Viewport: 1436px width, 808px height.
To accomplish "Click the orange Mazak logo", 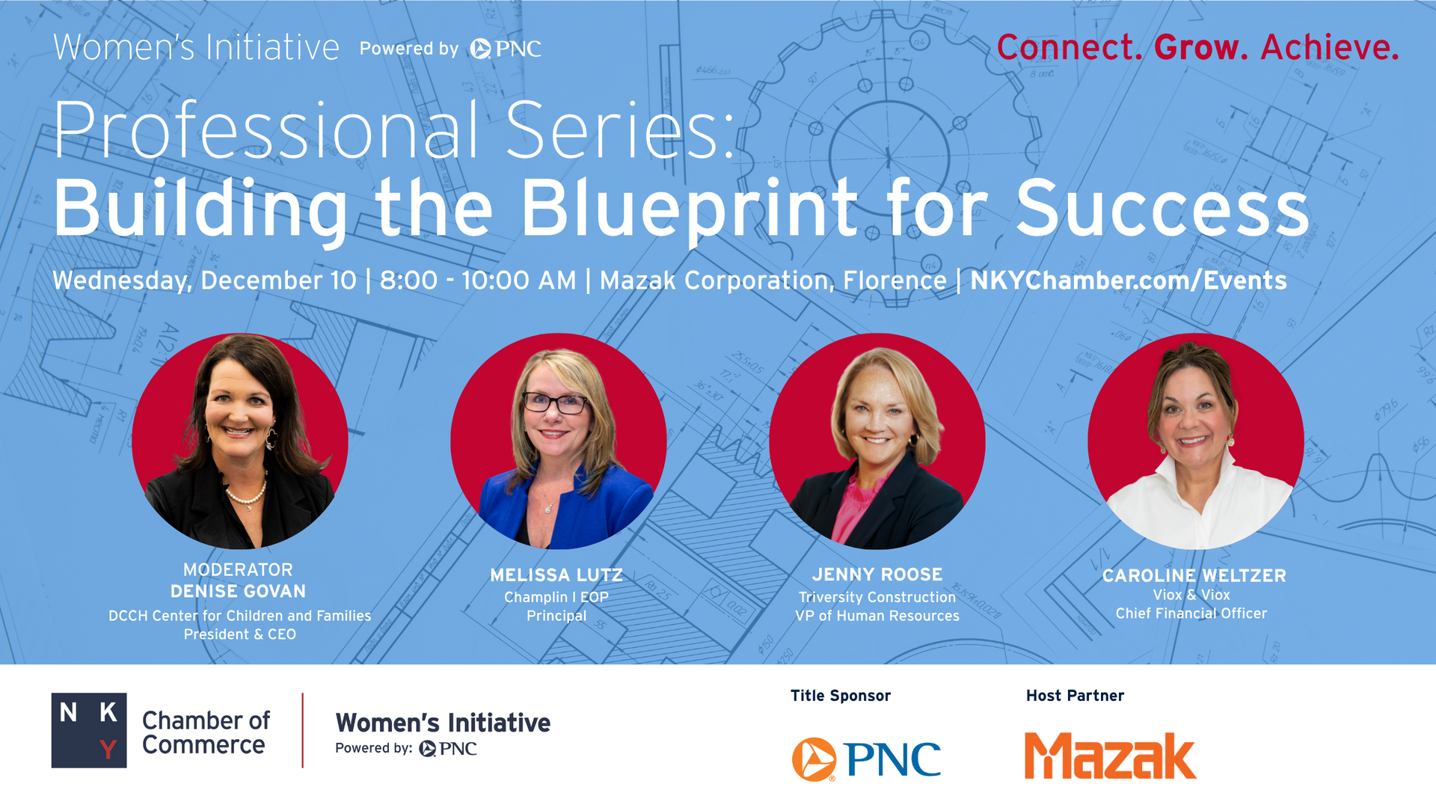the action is pos(1110,756).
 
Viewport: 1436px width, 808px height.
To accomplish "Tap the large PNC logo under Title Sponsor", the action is pos(866,759).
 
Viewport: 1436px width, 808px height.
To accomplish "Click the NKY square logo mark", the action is pos(89,730).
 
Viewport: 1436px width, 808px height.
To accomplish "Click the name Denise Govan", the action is pos(238,591).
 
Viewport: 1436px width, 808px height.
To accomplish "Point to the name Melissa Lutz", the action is pos(556,575).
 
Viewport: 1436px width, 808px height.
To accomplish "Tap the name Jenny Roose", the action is pos(877,575).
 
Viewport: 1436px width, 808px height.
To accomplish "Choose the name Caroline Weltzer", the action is pos(1194,575).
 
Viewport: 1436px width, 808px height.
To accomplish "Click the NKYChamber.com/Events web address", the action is pos(1129,281).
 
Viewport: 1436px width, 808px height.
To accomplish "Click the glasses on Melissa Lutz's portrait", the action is pos(555,403).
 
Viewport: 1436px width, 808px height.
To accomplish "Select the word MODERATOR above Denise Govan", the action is pos(238,569).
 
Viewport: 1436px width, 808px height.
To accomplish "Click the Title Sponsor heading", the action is pos(841,696).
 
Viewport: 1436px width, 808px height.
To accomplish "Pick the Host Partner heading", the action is pos(1075,696).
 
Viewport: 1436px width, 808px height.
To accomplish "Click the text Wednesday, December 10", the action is pos(204,281).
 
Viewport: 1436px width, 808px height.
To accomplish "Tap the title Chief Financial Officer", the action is pos(1191,613).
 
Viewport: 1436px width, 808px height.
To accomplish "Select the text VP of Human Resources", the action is pos(877,616).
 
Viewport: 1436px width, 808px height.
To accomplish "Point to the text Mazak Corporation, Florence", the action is pos(773,281).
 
